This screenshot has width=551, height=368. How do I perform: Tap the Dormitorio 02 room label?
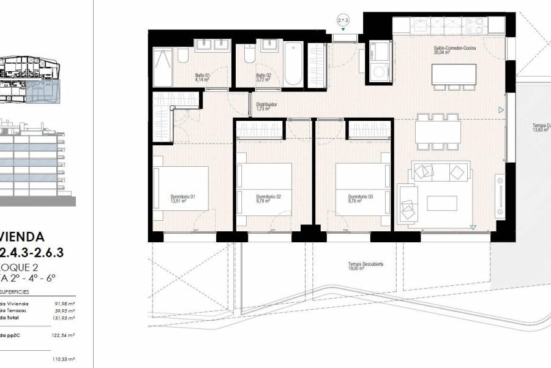[268, 198]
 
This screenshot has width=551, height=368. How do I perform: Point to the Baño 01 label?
[202, 77]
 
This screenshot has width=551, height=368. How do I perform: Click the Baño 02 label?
[264, 77]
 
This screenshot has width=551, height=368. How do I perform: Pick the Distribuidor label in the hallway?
[266, 107]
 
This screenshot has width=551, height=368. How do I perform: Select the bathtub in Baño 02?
[293, 63]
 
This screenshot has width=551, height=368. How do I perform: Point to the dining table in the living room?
[438, 131]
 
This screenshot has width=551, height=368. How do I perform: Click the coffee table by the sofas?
[441, 203]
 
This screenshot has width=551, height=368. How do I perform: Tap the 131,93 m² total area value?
[63, 318]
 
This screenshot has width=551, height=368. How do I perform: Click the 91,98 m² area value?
[63, 303]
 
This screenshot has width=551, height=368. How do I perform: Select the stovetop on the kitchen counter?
[475, 26]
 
